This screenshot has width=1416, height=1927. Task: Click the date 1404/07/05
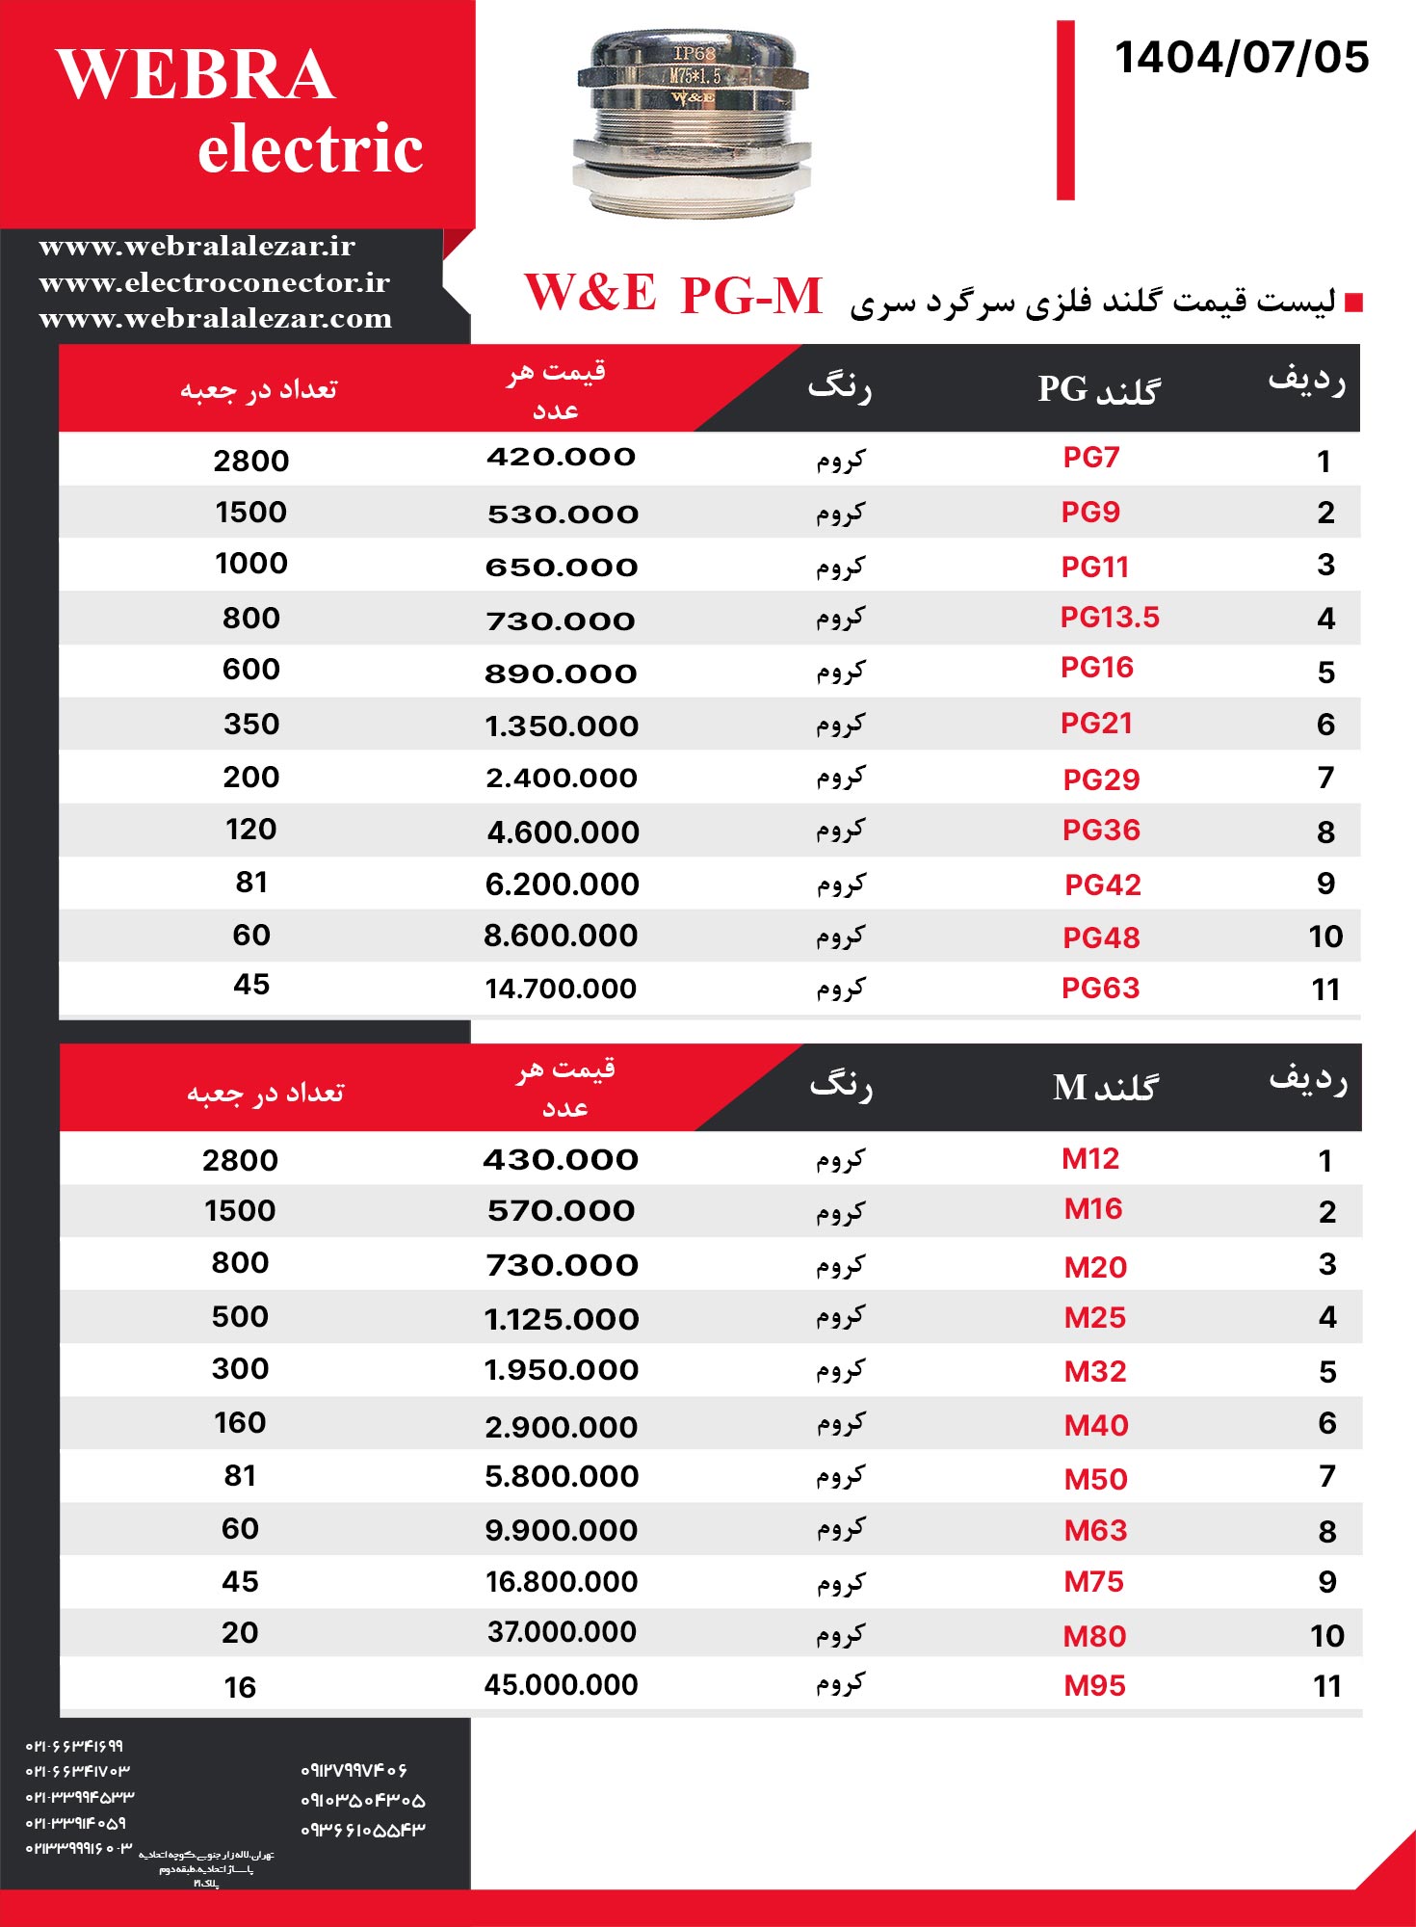[1241, 58]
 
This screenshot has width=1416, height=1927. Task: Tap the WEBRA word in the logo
[196, 75]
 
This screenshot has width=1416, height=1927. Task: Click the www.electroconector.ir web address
[214, 282]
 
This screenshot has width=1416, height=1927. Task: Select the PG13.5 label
[1110, 618]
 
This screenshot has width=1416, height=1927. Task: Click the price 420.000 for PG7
[561, 458]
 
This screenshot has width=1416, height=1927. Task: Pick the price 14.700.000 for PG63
[561, 989]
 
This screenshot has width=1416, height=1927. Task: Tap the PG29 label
[1101, 779]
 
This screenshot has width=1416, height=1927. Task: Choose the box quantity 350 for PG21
[251, 725]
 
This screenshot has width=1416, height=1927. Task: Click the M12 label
[1090, 1159]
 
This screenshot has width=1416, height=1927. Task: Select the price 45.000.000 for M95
[561, 1685]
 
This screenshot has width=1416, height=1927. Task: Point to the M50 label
[1095, 1479]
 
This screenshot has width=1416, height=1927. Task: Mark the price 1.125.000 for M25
[561, 1319]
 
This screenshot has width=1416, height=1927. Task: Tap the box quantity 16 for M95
[240, 1687]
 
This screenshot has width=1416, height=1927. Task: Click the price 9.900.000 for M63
[561, 1530]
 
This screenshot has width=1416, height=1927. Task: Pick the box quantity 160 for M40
[240, 1423]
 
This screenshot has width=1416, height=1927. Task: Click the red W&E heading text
[590, 293]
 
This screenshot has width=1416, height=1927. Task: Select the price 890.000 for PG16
[561, 673]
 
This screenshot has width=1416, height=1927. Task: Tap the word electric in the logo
[310, 149]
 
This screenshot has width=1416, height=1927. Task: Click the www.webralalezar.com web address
[216, 319]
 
